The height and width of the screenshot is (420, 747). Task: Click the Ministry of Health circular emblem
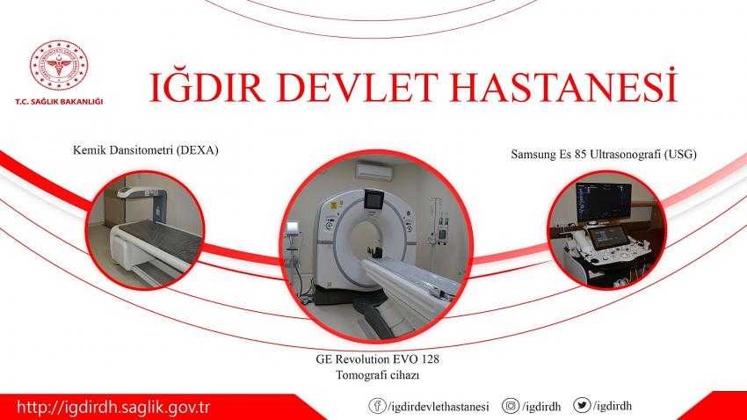(59, 65)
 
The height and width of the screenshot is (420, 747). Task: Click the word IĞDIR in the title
(207, 87)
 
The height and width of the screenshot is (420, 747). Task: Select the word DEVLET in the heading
(358, 87)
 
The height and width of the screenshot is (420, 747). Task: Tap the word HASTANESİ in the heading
(563, 86)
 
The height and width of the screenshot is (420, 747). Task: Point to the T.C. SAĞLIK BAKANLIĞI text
(59, 101)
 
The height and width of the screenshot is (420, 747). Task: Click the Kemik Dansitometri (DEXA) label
(145, 150)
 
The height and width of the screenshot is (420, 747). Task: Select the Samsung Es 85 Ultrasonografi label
(604, 155)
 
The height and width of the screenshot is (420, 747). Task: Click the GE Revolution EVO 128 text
(377, 358)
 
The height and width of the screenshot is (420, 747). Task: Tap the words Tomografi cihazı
(377, 375)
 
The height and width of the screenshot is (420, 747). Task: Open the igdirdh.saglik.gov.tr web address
(113, 408)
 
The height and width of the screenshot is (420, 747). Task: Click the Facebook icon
(377, 406)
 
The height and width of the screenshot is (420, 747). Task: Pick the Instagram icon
(511, 406)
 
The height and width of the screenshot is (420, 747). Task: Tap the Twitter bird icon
(582, 405)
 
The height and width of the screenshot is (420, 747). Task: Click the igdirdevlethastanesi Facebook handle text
(439, 407)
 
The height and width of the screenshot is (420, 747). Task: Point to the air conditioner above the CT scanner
(374, 170)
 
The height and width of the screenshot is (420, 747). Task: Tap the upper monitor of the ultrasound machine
(604, 202)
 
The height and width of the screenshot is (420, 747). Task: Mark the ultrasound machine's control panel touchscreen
(607, 236)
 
